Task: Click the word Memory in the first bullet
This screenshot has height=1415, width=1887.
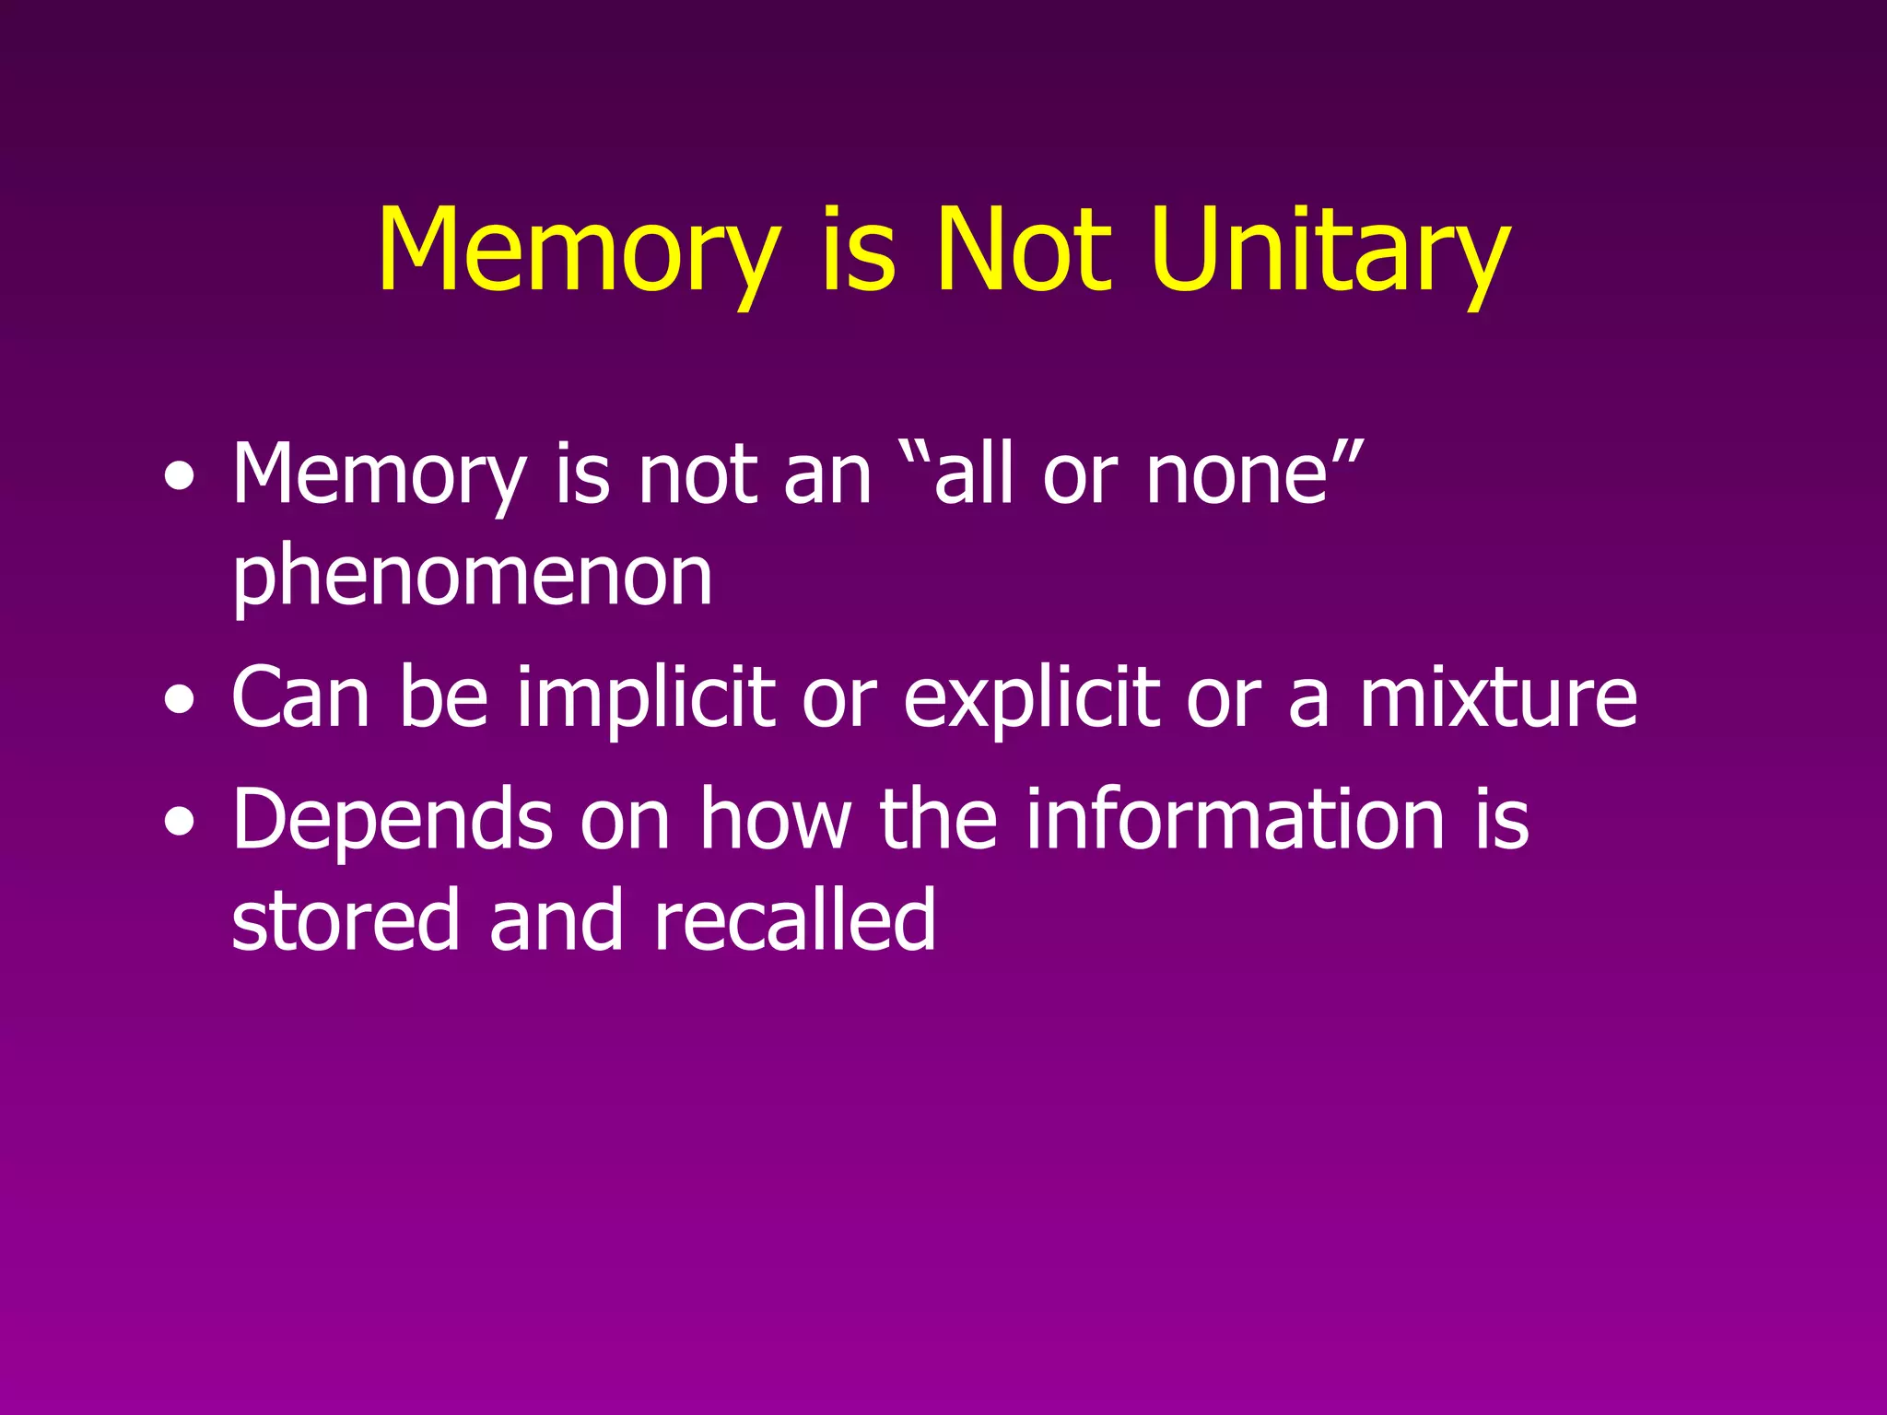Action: [379, 476]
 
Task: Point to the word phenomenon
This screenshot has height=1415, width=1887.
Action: [472, 577]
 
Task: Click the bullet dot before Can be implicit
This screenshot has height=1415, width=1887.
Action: [181, 700]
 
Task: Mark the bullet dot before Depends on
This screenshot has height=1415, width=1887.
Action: [181, 822]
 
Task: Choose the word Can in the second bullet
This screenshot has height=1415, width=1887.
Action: [300, 697]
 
